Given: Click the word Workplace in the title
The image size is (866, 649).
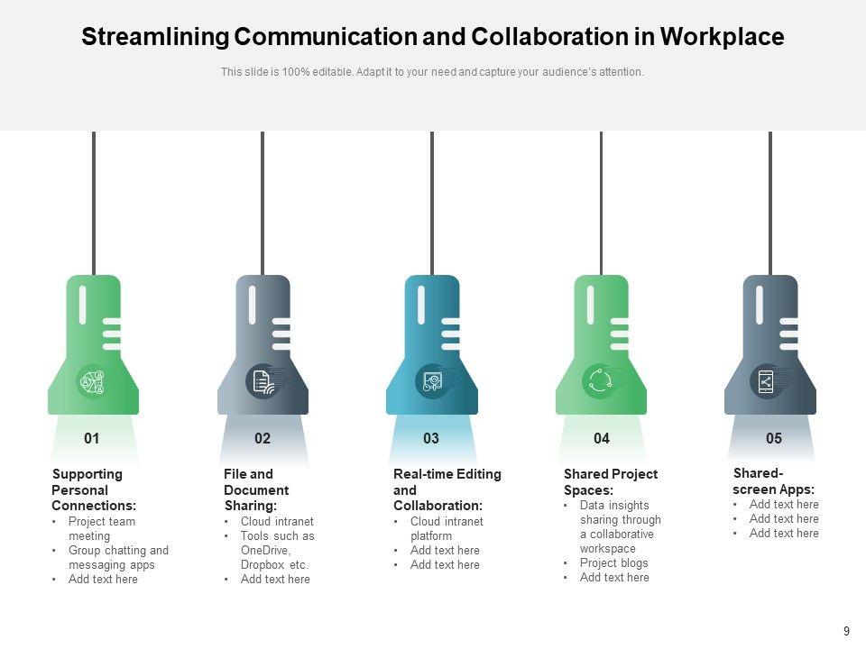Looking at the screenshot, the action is tap(722, 37).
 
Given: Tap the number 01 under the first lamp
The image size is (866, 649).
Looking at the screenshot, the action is tap(92, 439).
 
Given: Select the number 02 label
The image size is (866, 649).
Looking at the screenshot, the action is tap(263, 439).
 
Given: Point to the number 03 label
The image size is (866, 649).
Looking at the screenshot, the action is tap(431, 439).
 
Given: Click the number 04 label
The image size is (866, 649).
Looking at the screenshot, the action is tap(602, 439).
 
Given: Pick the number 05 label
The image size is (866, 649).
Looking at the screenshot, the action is tap(774, 439).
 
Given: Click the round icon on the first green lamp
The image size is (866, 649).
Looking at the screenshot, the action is tap(93, 381).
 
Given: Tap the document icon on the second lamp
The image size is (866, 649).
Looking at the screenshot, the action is tap(263, 381).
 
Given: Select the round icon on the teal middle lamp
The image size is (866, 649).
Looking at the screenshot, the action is tap(432, 381).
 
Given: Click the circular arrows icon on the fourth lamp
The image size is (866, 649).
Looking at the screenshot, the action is tap(599, 381).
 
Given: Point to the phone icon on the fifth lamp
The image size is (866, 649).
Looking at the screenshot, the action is tap(766, 381).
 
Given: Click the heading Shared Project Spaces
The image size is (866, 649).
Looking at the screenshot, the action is tap(611, 482).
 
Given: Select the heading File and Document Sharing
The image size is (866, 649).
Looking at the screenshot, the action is tap(256, 489).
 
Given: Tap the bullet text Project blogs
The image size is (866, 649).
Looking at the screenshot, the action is tap(613, 563).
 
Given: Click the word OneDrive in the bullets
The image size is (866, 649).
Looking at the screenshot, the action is tap(265, 550).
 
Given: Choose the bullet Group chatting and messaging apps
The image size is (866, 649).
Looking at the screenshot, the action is tap(118, 557).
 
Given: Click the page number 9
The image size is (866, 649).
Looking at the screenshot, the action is tap(846, 632).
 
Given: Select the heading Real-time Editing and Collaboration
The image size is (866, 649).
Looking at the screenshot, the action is tap(447, 489).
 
